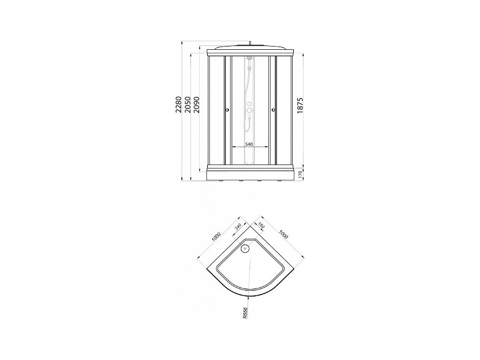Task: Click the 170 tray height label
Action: coord(301,175)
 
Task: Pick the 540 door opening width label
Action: coord(249,145)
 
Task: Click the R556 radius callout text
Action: coord(245,313)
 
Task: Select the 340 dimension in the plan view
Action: coord(238,227)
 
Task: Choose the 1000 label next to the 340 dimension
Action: coord(216,238)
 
